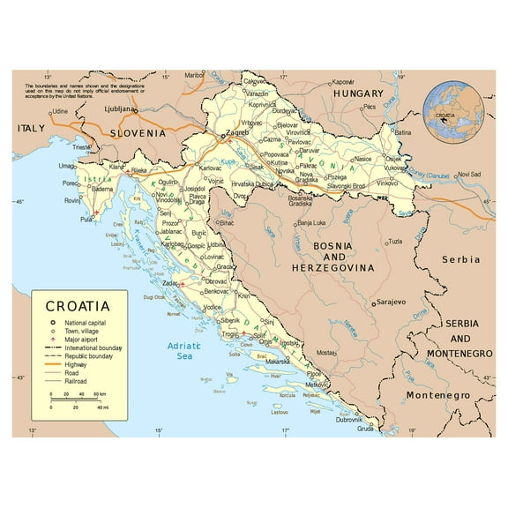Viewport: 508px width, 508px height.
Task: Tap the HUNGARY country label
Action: point(358,93)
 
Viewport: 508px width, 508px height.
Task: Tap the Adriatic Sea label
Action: point(184,351)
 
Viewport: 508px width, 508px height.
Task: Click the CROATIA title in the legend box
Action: point(78,307)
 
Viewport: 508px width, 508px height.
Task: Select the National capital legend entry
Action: point(87,324)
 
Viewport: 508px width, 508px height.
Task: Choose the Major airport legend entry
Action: point(84,340)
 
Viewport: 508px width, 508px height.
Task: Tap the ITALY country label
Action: point(31,129)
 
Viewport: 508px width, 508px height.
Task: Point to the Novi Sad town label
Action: point(474,175)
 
